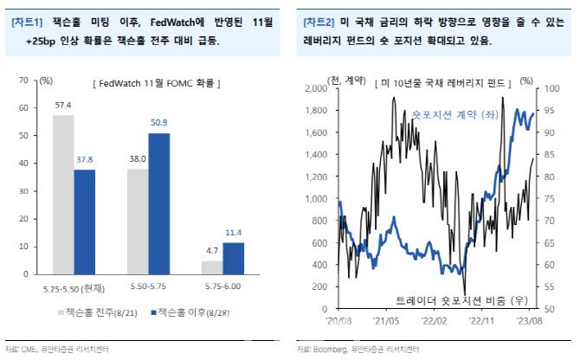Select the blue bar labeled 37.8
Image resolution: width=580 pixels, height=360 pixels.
pyautogui.click(x=85, y=222)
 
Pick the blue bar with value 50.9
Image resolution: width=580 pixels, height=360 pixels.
pyautogui.click(x=158, y=203)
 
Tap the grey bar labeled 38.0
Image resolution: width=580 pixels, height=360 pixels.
pyautogui.click(x=137, y=222)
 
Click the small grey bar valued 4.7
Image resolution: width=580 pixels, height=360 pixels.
pyautogui.click(x=211, y=267)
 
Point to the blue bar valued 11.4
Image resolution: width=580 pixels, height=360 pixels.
pyautogui.click(x=234, y=259)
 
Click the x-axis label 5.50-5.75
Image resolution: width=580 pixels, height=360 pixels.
pyautogui.click(x=148, y=286)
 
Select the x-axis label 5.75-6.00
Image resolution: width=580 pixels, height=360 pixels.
pyautogui.click(x=222, y=286)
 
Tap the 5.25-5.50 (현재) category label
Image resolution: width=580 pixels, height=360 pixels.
pyautogui.click(x=74, y=286)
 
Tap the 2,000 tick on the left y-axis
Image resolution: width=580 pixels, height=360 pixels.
pyautogui.click(x=311, y=88)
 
